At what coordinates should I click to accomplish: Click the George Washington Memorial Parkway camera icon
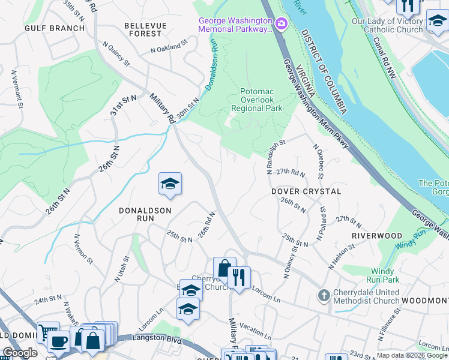281,24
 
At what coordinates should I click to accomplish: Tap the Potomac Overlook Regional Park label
257,100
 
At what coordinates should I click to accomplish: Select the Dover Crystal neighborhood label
306,191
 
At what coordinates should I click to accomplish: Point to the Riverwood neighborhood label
376,236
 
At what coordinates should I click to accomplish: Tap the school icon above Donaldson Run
170,184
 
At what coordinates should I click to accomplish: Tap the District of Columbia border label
325,71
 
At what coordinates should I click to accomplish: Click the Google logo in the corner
20,352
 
